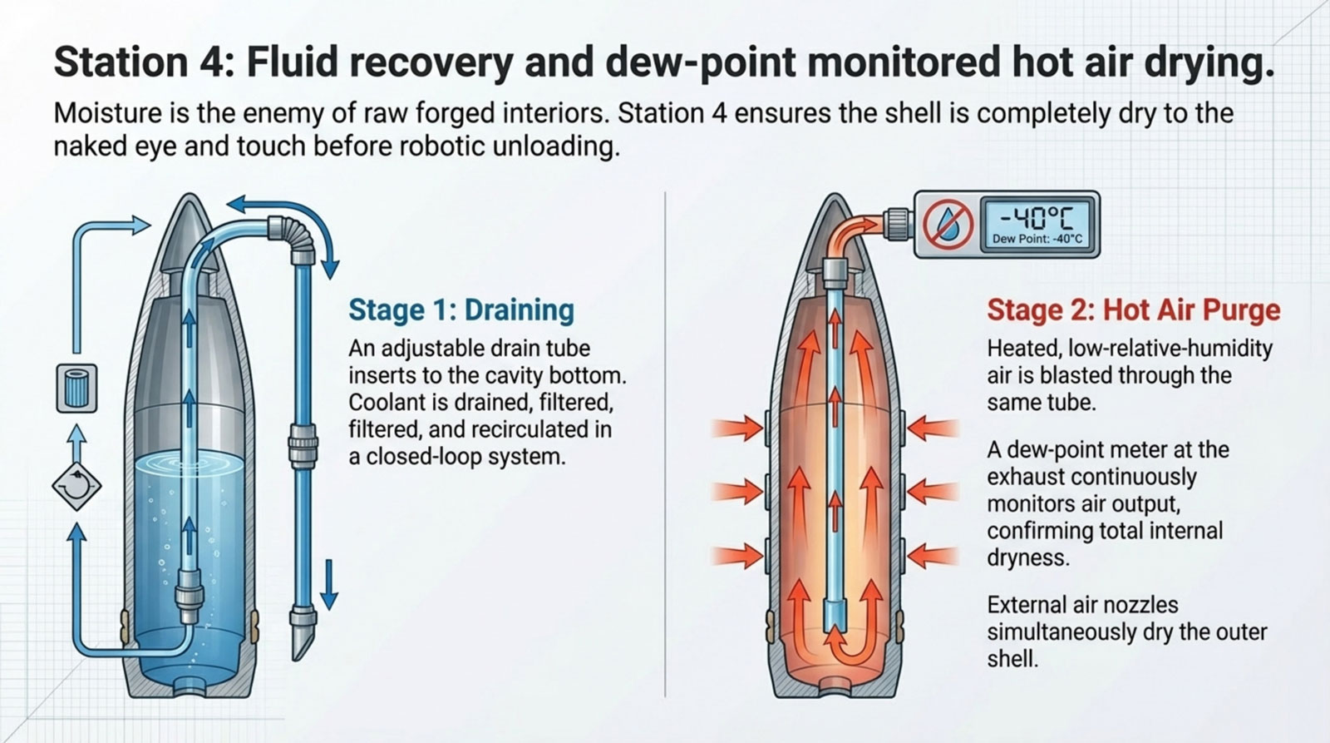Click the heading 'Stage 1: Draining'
[x=461, y=310]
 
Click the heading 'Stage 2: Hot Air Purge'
[x=1133, y=310]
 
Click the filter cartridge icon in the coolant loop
[x=76, y=388]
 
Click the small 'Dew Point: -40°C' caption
[x=1037, y=240]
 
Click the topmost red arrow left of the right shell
[x=737, y=428]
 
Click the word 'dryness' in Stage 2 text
[x=1027, y=557]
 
